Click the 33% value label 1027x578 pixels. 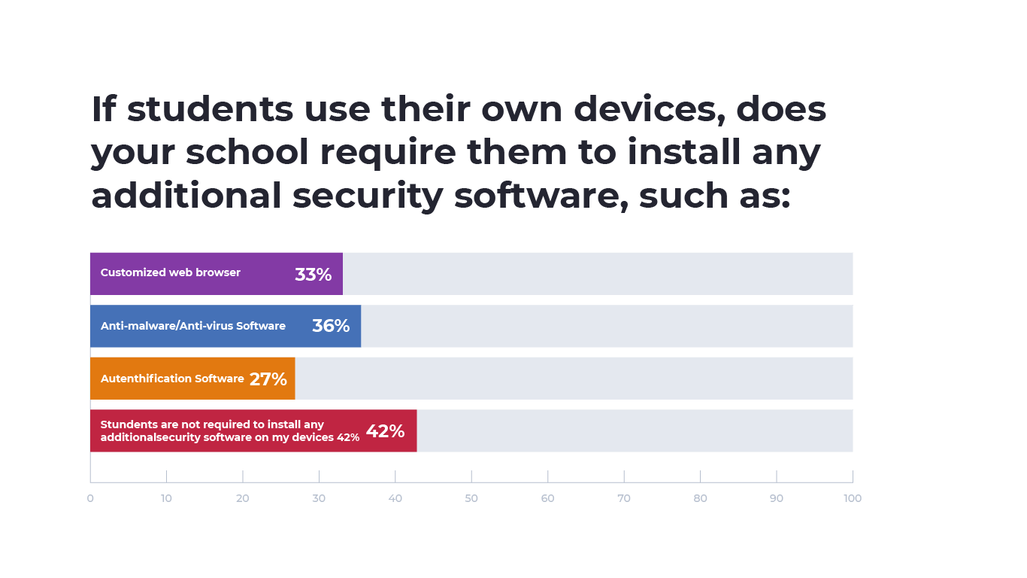pos(313,275)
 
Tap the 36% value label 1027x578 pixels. pos(331,326)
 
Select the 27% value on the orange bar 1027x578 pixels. pos(268,379)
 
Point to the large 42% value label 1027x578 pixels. pos(385,431)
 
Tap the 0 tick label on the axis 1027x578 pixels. pos(90,498)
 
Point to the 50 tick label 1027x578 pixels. pos(471,498)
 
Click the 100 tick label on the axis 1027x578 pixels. pos(852,498)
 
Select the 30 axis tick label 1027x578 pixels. pos(319,498)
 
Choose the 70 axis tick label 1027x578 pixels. pos(624,498)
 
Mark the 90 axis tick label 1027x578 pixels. pos(776,498)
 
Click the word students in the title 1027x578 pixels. pos(210,109)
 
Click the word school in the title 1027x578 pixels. pos(247,153)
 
